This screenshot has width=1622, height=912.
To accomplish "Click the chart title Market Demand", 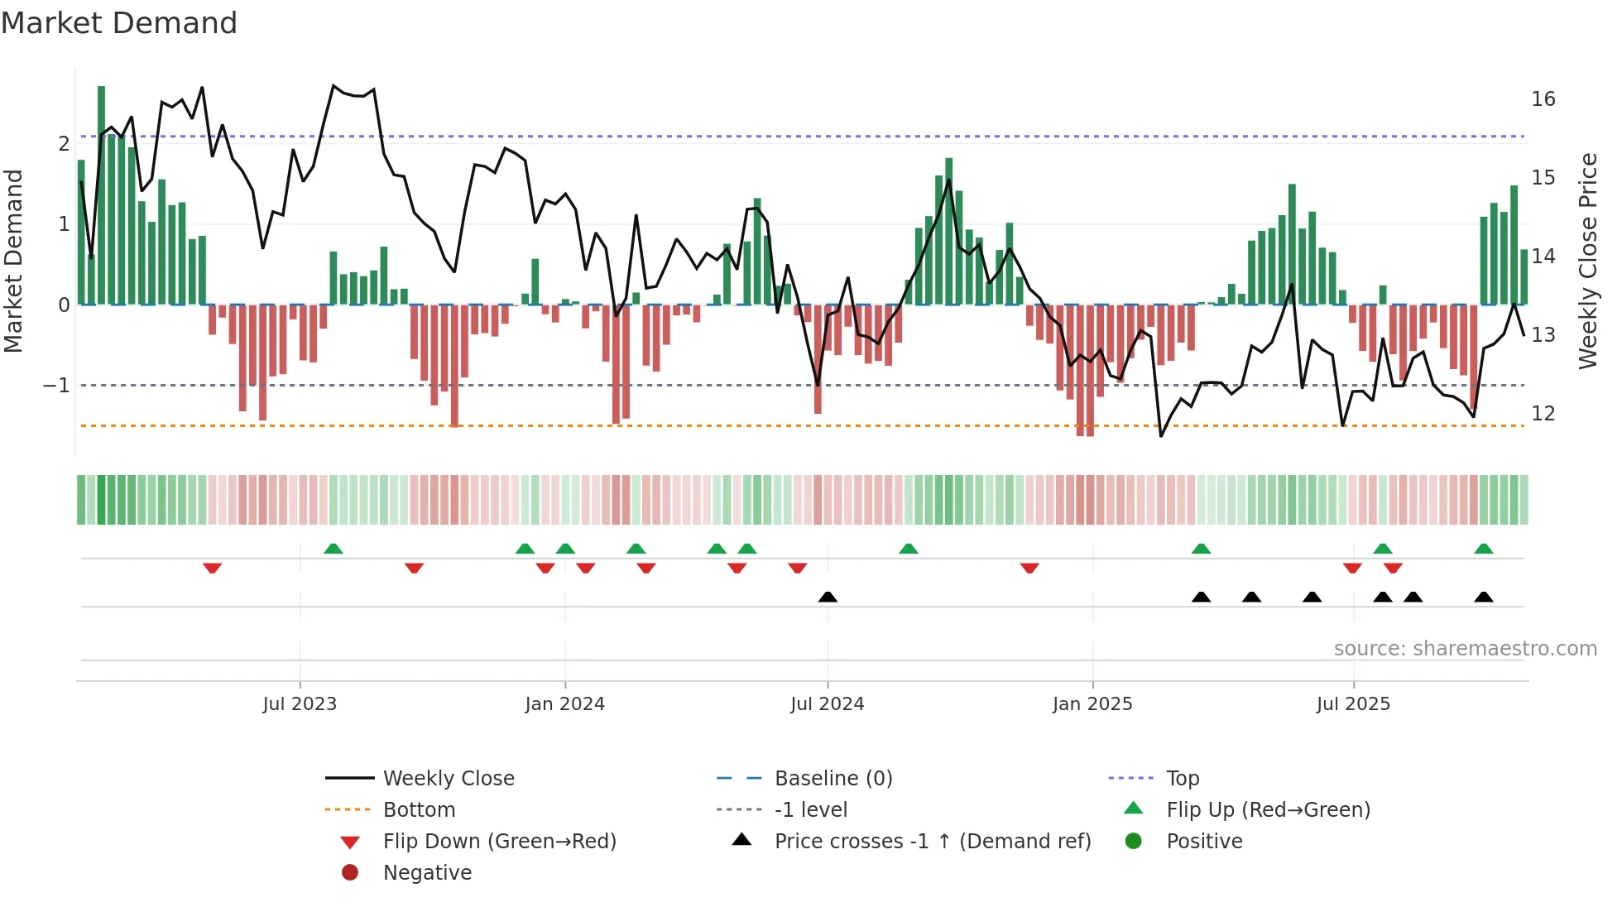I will click(x=119, y=23).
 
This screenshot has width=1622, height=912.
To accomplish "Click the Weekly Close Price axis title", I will click(x=1587, y=261).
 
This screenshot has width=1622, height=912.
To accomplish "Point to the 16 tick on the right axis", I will click(x=1543, y=99).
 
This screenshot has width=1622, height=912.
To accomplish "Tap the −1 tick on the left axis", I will click(x=56, y=386).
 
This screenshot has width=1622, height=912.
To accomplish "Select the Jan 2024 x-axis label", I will click(x=564, y=704).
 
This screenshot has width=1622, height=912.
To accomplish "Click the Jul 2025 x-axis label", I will click(x=1353, y=704).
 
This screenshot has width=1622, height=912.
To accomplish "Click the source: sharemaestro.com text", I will click(x=1465, y=649).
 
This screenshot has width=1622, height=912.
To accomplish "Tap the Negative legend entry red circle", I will click(x=350, y=873).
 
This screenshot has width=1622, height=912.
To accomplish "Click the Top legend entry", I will click(x=1182, y=779).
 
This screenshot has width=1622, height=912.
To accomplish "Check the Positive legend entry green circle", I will click(x=1134, y=842).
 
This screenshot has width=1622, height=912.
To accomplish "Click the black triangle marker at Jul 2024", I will click(x=828, y=597).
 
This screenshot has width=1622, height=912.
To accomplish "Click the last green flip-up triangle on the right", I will click(x=1483, y=549).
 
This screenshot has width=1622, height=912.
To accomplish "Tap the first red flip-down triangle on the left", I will click(x=212, y=568).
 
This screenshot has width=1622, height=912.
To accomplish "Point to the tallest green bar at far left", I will click(x=101, y=194).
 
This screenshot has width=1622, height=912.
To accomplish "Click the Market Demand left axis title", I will click(x=14, y=261).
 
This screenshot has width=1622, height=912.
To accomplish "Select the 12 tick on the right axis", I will click(x=1543, y=414).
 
